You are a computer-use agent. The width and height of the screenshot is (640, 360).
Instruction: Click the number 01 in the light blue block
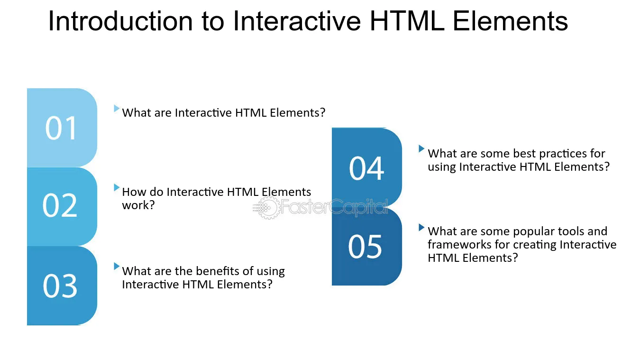click(61, 128)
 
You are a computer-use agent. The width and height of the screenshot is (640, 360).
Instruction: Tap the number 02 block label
click(60, 205)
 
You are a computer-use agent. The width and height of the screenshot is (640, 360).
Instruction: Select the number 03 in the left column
click(60, 286)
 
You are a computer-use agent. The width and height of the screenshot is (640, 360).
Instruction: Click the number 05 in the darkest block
click(365, 246)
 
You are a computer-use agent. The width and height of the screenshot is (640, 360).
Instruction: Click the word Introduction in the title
click(120, 21)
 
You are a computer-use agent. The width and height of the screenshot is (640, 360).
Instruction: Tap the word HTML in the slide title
click(407, 21)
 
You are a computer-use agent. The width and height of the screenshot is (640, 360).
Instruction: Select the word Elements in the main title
click(510, 21)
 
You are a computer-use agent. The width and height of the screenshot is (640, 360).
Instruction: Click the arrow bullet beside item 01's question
click(117, 108)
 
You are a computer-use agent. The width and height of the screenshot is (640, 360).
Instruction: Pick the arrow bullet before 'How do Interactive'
click(117, 187)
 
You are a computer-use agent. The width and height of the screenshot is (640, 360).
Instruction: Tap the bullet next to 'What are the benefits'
click(117, 266)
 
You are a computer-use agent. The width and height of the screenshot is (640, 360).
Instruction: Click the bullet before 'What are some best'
click(421, 148)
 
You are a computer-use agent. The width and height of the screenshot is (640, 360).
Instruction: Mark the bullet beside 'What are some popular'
click(421, 227)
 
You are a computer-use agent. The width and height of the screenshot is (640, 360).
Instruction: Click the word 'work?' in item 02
click(138, 205)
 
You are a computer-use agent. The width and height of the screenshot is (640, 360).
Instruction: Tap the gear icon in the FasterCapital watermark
click(269, 208)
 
